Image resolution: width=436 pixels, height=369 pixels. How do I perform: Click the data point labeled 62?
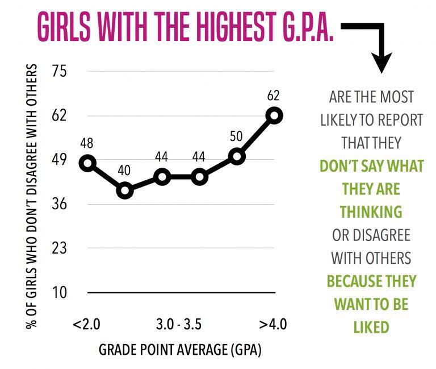point(274,115)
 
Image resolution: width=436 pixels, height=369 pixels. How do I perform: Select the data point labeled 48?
point(87,163)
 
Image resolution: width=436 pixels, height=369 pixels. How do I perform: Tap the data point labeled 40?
point(124,190)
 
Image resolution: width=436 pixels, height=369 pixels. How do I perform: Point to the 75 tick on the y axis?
point(60,72)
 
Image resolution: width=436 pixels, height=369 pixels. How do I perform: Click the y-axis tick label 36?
point(60,204)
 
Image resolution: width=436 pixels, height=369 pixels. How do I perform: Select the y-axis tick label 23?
point(60,248)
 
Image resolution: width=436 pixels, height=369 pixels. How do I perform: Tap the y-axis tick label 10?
point(60,292)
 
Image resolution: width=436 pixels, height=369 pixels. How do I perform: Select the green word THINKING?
point(371,212)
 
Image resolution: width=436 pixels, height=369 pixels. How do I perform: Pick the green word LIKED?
point(371,327)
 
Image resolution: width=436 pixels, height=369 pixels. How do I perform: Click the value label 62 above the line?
point(274,95)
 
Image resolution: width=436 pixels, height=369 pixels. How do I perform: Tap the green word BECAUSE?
point(350,281)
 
